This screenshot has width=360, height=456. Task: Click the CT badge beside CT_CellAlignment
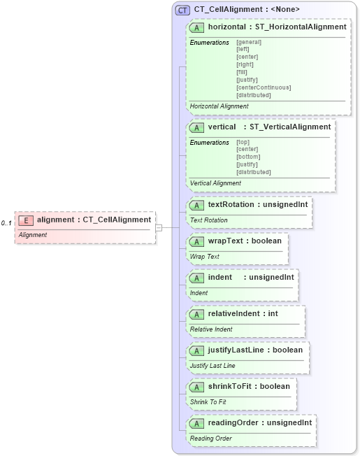(183, 10)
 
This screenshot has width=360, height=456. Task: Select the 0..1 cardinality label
(7, 223)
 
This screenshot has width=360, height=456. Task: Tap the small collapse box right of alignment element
(159, 227)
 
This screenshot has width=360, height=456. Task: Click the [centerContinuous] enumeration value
(264, 87)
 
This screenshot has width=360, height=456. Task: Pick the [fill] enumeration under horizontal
(243, 72)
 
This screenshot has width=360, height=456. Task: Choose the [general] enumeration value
(249, 42)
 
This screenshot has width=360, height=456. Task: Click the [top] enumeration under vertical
(243, 142)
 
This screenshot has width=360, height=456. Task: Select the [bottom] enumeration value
(248, 157)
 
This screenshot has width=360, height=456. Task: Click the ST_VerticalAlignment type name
(290, 127)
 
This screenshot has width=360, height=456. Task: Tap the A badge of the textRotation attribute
(197, 205)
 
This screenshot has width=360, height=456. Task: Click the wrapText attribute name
(224, 241)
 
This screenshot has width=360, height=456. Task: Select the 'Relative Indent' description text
(211, 329)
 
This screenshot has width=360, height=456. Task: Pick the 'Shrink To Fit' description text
(208, 401)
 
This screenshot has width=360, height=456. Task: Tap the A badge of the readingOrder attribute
(197, 423)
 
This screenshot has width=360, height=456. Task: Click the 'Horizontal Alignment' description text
(219, 106)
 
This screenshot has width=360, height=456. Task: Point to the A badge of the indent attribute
(197, 278)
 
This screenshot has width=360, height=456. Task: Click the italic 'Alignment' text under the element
(33, 235)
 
